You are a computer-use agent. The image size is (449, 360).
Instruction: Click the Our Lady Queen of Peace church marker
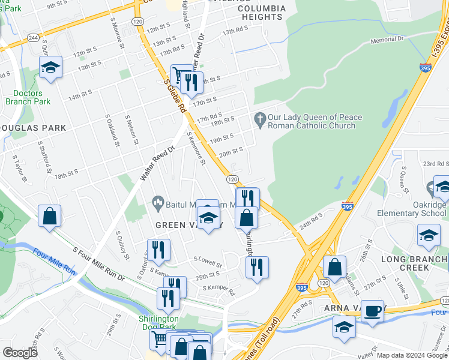click(260, 120)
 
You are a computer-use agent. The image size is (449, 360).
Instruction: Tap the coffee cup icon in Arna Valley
click(372, 311)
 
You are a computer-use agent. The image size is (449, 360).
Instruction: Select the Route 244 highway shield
click(34, 37)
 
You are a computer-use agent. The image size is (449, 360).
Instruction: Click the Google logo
click(20, 352)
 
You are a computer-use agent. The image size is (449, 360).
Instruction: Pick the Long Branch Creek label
click(415, 263)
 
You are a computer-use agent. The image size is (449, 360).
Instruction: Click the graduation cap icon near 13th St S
click(51, 68)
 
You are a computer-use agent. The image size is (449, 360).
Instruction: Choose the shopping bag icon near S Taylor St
click(50, 216)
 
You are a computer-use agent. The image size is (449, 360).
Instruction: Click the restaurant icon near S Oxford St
click(158, 250)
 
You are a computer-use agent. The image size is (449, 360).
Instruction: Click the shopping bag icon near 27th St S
click(335, 267)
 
